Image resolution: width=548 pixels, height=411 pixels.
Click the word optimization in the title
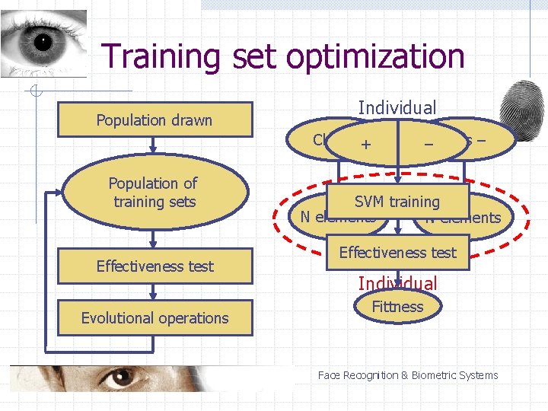pyautogui.click(x=358, y=56)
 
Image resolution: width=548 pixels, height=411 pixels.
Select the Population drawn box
pyautogui.click(x=155, y=120)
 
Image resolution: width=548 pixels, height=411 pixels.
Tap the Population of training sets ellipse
pyautogui.click(x=152, y=193)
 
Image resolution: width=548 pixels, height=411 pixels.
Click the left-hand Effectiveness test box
pyautogui.click(x=155, y=266)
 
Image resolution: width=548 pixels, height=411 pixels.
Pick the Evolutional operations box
pyautogui.click(x=155, y=318)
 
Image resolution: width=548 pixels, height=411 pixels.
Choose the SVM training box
pyautogui.click(x=397, y=202)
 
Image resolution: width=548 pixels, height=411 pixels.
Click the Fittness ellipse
pyautogui.click(x=397, y=307)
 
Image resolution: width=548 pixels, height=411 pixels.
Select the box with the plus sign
pyautogui.click(x=366, y=142)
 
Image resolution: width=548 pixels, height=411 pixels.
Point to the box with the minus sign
pyautogui.click(x=429, y=142)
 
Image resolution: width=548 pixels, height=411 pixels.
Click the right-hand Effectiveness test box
pyautogui.click(x=397, y=253)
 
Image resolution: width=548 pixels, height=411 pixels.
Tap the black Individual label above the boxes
pyautogui.click(x=397, y=108)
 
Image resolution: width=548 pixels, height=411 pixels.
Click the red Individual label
pyautogui.click(x=397, y=284)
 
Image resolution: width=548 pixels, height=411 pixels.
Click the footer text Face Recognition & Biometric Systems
pyautogui.click(x=407, y=375)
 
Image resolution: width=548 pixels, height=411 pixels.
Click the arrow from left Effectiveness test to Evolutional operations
pyautogui.click(x=155, y=292)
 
